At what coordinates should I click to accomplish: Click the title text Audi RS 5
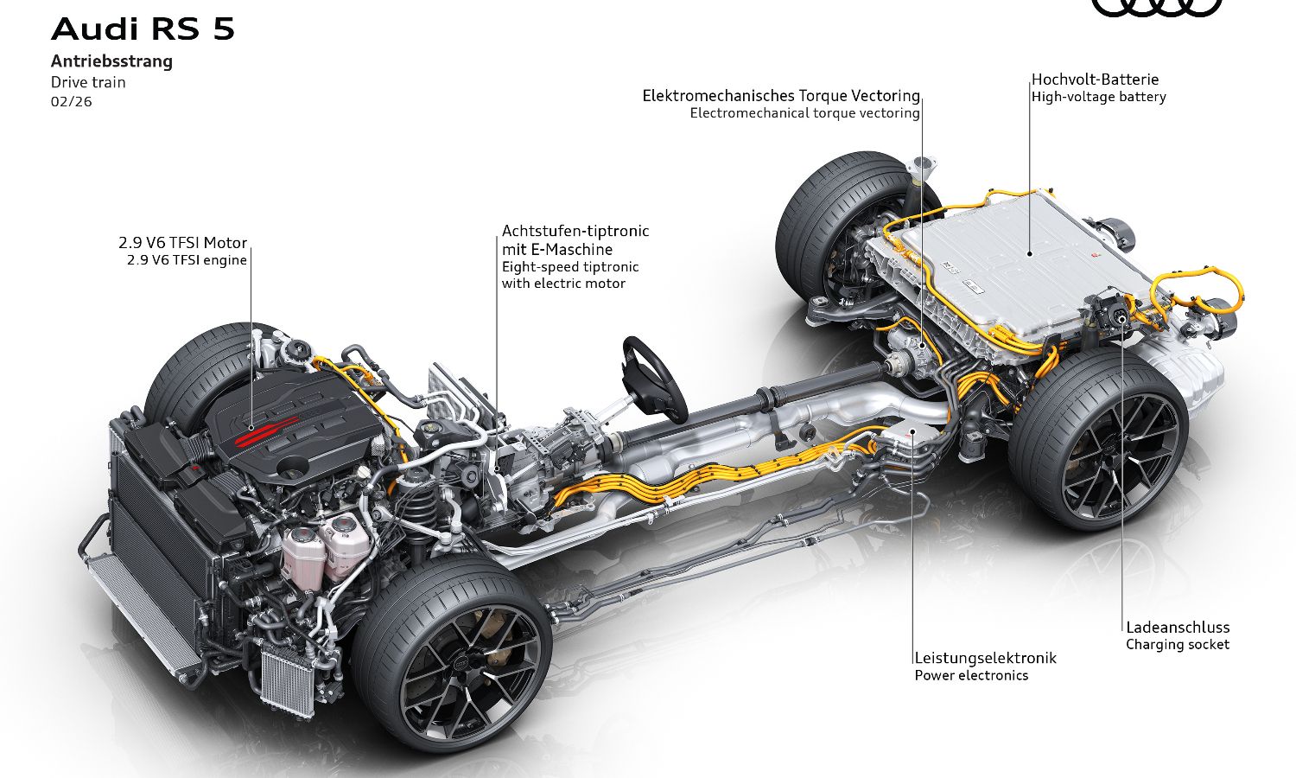(143, 29)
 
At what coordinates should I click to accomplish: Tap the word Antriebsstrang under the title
(111, 61)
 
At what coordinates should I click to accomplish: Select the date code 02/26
(71, 102)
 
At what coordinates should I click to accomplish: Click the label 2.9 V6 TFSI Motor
(182, 243)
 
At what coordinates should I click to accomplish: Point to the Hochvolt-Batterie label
(1095, 80)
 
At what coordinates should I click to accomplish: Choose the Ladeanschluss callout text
(1177, 628)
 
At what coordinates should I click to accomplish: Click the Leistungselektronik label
(985, 658)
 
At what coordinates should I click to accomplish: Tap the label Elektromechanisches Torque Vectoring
(780, 96)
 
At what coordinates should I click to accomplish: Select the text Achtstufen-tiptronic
(575, 231)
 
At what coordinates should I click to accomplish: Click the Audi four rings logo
(1157, 7)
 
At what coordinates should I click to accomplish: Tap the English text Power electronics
(971, 676)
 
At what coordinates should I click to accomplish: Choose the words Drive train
(88, 83)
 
